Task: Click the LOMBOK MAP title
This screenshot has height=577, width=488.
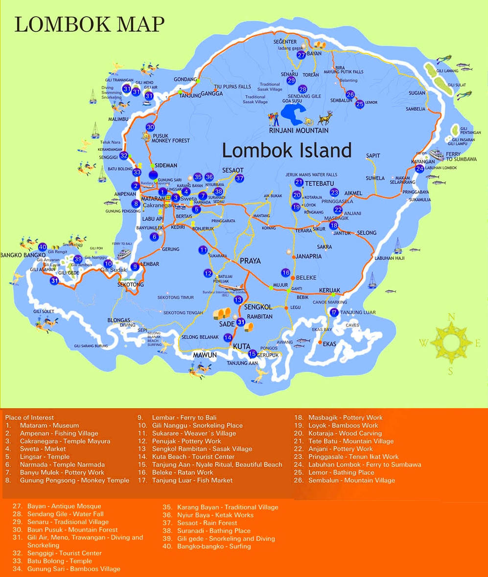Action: [90, 24]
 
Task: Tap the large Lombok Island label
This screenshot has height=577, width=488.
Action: [287, 150]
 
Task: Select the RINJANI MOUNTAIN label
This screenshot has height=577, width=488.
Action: [299, 131]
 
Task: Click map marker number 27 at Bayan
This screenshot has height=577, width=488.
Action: [302, 55]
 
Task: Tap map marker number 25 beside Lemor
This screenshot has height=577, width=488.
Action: [360, 104]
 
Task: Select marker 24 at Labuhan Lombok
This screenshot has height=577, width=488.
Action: [419, 169]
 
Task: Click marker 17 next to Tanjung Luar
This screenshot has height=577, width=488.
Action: [334, 312]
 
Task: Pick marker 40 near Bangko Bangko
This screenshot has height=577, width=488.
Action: [43, 247]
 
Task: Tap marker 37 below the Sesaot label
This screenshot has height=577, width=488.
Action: [239, 179]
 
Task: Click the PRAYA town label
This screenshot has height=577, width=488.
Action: [250, 261]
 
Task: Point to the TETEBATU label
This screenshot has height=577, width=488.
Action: [320, 183]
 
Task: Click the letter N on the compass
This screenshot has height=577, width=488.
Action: [451, 317]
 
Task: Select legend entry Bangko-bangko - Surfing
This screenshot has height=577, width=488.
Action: [214, 546]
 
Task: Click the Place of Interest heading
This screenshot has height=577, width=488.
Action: [29, 417]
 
